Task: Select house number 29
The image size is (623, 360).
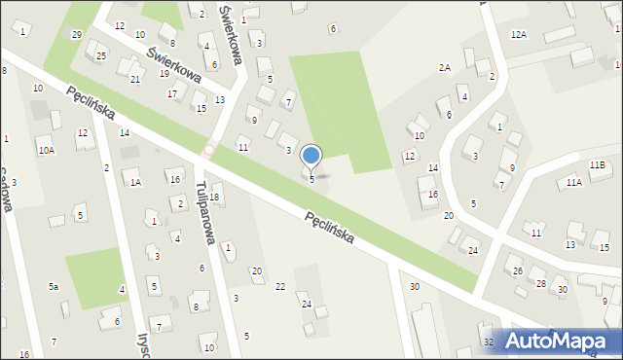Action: (77, 35)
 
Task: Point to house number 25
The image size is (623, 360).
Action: (101, 56)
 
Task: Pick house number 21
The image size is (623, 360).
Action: (135, 79)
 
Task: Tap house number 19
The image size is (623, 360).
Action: (165, 74)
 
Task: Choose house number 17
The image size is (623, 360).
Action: (171, 94)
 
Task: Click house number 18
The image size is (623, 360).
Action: (215, 198)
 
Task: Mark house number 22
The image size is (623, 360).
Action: (280, 286)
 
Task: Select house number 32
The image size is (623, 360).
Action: (489, 342)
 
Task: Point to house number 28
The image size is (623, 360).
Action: (540, 283)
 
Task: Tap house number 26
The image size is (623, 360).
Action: (518, 270)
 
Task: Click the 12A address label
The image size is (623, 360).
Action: (518, 35)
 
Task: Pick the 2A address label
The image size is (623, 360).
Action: (444, 68)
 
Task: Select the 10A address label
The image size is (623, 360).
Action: (46, 151)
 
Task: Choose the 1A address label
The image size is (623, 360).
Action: (135, 182)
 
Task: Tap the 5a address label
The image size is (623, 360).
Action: (55, 287)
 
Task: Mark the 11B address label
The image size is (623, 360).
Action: (597, 166)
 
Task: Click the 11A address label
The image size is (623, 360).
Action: (574, 182)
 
